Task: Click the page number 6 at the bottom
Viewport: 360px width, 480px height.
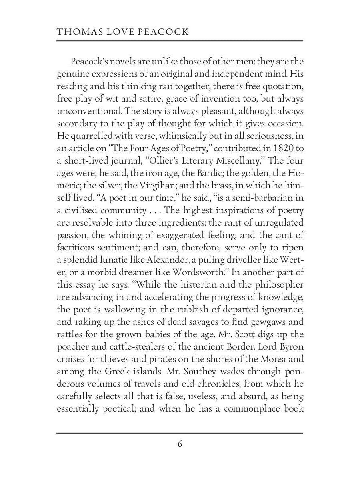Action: pyautogui.click(x=180, y=444)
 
